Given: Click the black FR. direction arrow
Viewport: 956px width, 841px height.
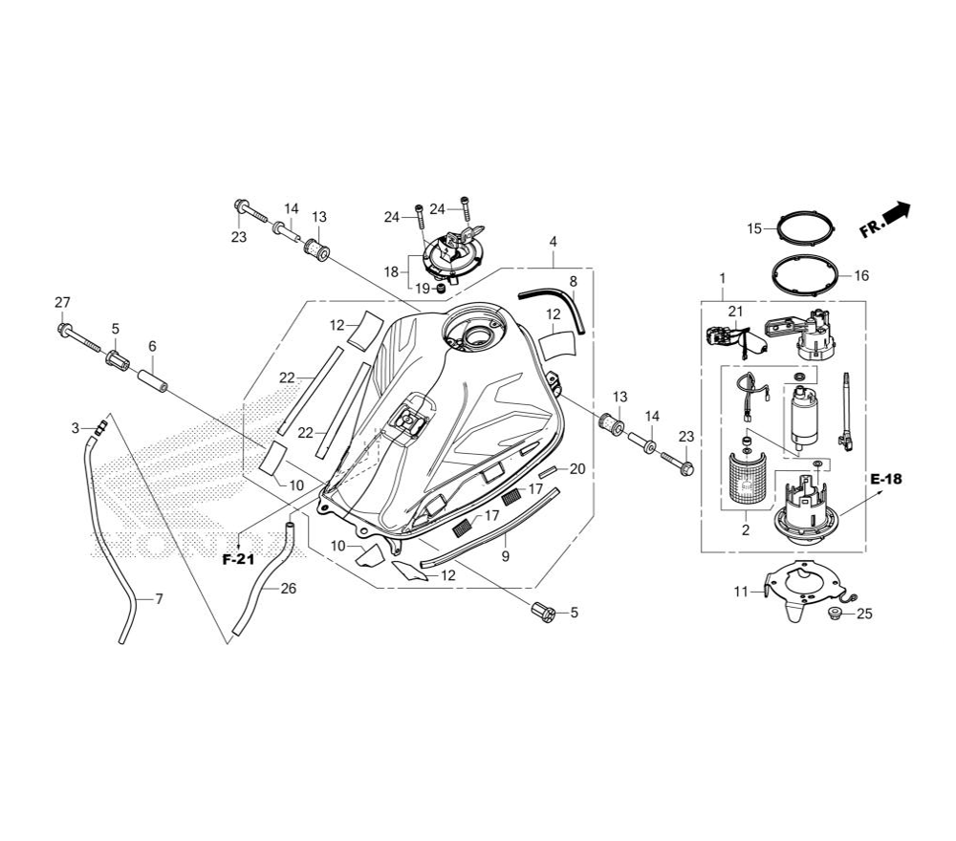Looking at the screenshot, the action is [x=897, y=213].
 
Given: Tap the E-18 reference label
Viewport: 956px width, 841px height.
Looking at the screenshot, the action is [x=886, y=479].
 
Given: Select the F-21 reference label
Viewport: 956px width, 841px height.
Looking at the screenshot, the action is [x=238, y=559].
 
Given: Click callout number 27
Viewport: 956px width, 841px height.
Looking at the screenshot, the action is [x=62, y=302].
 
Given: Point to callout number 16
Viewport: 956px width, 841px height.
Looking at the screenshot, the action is [x=861, y=276].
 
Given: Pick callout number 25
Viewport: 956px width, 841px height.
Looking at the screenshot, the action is [x=864, y=614].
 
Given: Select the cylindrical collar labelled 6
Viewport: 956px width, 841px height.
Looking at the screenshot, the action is [x=152, y=381].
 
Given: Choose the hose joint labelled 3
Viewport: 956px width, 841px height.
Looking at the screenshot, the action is [x=100, y=425].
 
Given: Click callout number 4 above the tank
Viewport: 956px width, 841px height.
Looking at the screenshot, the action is [x=553, y=242].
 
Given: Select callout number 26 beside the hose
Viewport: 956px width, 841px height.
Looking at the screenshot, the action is [x=289, y=589].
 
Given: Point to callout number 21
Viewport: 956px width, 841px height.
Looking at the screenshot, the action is [x=736, y=312].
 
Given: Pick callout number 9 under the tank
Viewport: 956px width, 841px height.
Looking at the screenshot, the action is [x=506, y=556].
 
